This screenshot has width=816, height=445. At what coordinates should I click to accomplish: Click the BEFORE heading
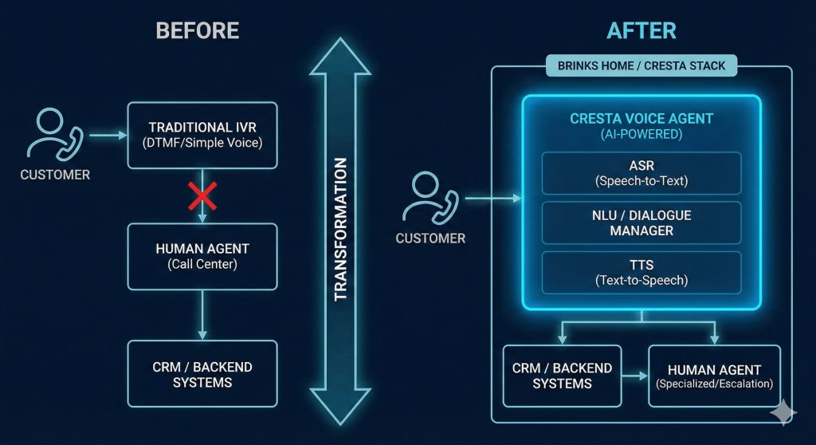coord(198,31)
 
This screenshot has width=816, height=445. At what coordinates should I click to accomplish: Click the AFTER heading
coord(641,31)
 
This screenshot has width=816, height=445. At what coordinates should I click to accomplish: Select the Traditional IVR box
coord(202,135)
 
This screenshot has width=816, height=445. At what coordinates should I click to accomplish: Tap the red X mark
coord(202,195)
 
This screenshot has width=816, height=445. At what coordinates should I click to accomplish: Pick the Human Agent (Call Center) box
coord(202,256)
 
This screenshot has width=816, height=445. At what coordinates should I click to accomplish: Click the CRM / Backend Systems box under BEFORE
coord(202,374)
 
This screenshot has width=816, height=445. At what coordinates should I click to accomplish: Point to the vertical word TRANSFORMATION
coord(341,229)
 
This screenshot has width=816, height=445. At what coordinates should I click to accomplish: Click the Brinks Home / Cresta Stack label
coord(641,65)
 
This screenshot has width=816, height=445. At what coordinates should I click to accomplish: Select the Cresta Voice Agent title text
coord(641,119)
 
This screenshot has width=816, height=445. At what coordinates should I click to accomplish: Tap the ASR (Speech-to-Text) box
coord(641,173)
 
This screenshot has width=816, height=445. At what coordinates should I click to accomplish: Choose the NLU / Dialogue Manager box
coord(641,222)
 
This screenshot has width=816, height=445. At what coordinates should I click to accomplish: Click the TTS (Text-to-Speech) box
coord(641,272)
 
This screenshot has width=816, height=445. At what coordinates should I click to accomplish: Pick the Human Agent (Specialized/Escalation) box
coord(714,376)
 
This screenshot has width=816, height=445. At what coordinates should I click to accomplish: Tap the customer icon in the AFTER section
coord(430,197)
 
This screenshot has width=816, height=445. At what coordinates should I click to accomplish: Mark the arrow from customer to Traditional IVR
coord(108,136)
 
